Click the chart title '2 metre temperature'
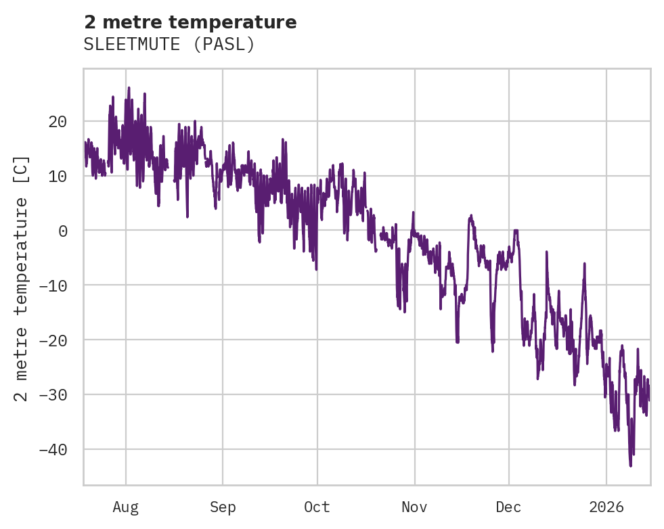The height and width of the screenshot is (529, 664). coord(190,22)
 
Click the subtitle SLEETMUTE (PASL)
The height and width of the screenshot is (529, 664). coord(169,45)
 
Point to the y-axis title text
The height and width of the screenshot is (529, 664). coord(22,278)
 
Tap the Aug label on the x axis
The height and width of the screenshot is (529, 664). coord(126,507)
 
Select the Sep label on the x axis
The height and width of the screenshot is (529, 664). coord(223,507)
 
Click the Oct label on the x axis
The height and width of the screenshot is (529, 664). coord(317,507)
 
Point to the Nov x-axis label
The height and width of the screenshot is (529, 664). coord(414,507)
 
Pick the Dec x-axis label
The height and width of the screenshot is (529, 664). coord(508,507)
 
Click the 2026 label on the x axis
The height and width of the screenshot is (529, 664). coord(606,507)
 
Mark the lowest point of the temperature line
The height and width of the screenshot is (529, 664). coord(631,466)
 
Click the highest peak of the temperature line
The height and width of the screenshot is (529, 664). coord(129,87)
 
